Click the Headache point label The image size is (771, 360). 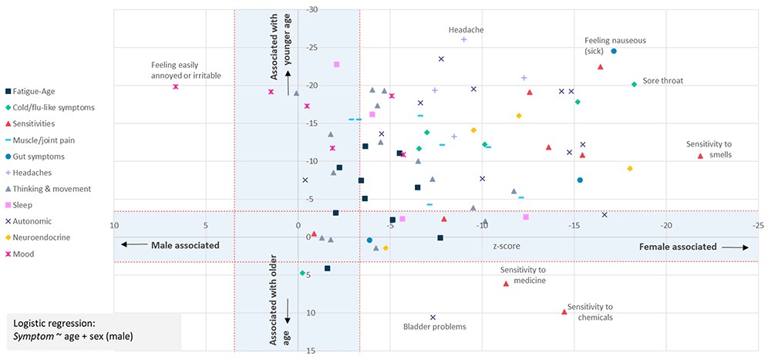point(466,30)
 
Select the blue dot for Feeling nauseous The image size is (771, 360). point(614,52)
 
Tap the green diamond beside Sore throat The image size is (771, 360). point(634,84)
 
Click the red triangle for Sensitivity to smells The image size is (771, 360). point(700,156)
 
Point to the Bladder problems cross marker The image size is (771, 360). point(433,318)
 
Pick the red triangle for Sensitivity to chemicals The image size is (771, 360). point(564,311)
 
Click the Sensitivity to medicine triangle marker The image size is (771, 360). point(506,284)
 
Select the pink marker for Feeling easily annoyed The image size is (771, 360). point(176,87)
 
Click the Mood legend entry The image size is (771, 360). point(31,254)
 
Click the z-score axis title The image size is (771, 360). point(506,247)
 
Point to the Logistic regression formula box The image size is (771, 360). point(93,330)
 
